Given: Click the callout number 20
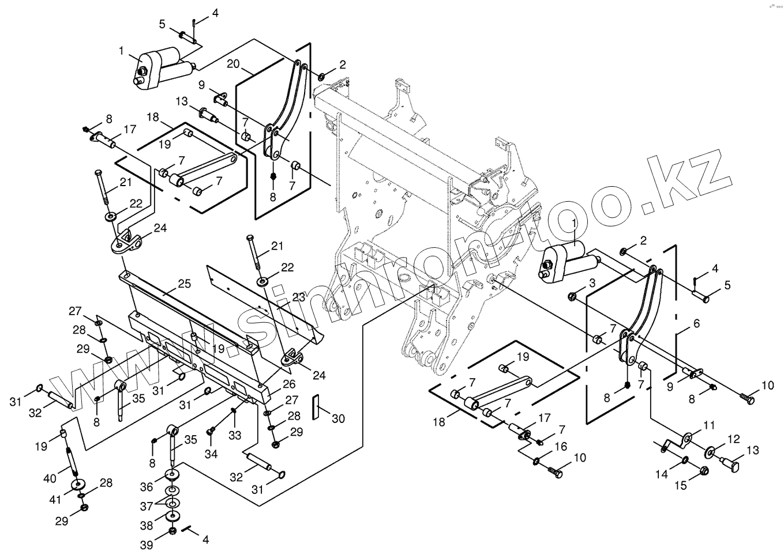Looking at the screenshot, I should click(233, 64).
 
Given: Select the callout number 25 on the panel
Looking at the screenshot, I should click(183, 284).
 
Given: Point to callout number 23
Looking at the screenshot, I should click(299, 297).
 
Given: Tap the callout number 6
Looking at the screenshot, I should click(696, 324).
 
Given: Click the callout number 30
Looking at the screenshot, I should click(338, 418).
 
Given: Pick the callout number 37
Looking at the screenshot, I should click(147, 505).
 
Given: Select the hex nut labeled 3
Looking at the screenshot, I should click(572, 296).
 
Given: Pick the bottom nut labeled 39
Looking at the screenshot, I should click(172, 531).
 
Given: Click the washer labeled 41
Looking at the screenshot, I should click(77, 484).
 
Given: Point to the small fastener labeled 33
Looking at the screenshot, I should click(233, 410).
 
